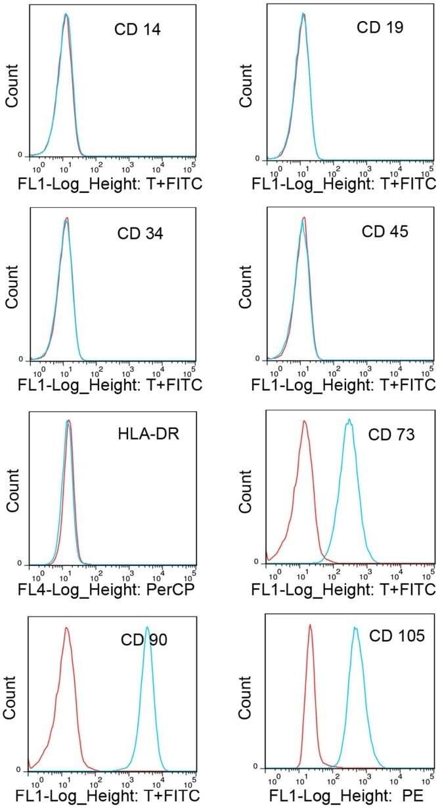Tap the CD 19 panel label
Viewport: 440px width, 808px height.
click(380, 28)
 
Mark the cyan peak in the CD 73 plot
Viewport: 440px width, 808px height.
click(349, 420)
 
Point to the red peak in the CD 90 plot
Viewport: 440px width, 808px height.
click(66, 628)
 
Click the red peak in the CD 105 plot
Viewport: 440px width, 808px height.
click(309, 626)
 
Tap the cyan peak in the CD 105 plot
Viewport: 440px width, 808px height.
click(355, 628)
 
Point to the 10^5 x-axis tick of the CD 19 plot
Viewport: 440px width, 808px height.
click(429, 171)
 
